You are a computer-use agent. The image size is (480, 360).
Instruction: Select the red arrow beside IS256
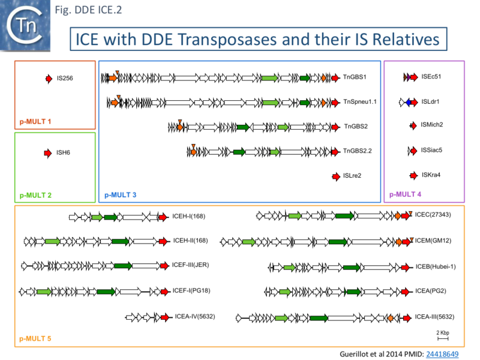[x=49, y=79]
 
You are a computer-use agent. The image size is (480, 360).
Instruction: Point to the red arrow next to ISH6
[x=49, y=154]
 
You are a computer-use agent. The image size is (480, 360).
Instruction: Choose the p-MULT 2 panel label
[x=35, y=195]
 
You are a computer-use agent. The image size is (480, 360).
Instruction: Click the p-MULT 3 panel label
[x=121, y=195]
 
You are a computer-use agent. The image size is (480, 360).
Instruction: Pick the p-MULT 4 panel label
[x=406, y=194]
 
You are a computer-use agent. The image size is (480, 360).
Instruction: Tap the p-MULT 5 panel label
[x=35, y=339]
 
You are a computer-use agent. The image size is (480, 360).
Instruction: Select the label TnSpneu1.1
[x=359, y=102]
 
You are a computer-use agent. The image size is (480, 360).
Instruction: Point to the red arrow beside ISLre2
[x=335, y=176]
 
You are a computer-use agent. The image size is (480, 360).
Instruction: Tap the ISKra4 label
[x=431, y=175]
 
